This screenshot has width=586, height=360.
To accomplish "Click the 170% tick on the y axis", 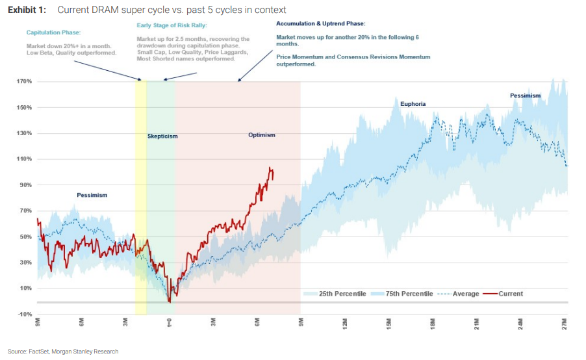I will click(x=25, y=82).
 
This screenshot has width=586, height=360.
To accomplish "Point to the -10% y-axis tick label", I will click(x=25, y=314).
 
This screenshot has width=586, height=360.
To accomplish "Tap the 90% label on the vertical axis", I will click(x=26, y=185).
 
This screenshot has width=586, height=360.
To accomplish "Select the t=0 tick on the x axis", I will click(x=169, y=322).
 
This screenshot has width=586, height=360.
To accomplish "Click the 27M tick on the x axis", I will click(x=565, y=323).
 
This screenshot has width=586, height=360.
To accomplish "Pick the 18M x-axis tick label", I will click(x=433, y=323).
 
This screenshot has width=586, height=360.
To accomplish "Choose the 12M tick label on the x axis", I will click(x=345, y=323).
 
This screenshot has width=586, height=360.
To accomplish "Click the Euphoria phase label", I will click(x=413, y=103).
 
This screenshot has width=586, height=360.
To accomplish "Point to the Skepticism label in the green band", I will click(x=162, y=136).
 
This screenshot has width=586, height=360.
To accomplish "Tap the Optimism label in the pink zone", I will click(x=262, y=135).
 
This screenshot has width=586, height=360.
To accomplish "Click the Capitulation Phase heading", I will click(x=53, y=32).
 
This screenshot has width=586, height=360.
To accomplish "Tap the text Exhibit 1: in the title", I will click(x=27, y=10).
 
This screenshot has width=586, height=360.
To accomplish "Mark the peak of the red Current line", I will click(x=270, y=168).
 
